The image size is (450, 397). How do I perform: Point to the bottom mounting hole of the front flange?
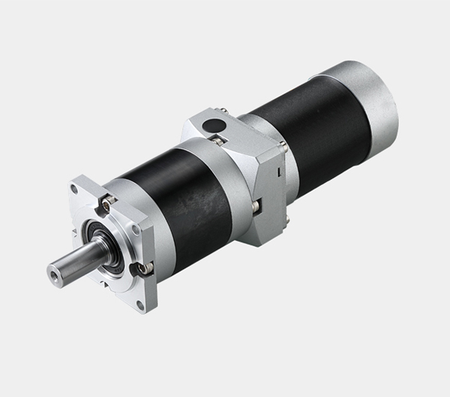pos(139,304)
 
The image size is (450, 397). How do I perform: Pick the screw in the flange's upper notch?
pos(109,200)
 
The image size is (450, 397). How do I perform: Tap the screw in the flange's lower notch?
pos(142,267)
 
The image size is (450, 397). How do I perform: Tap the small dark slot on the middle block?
pos(278,173)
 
